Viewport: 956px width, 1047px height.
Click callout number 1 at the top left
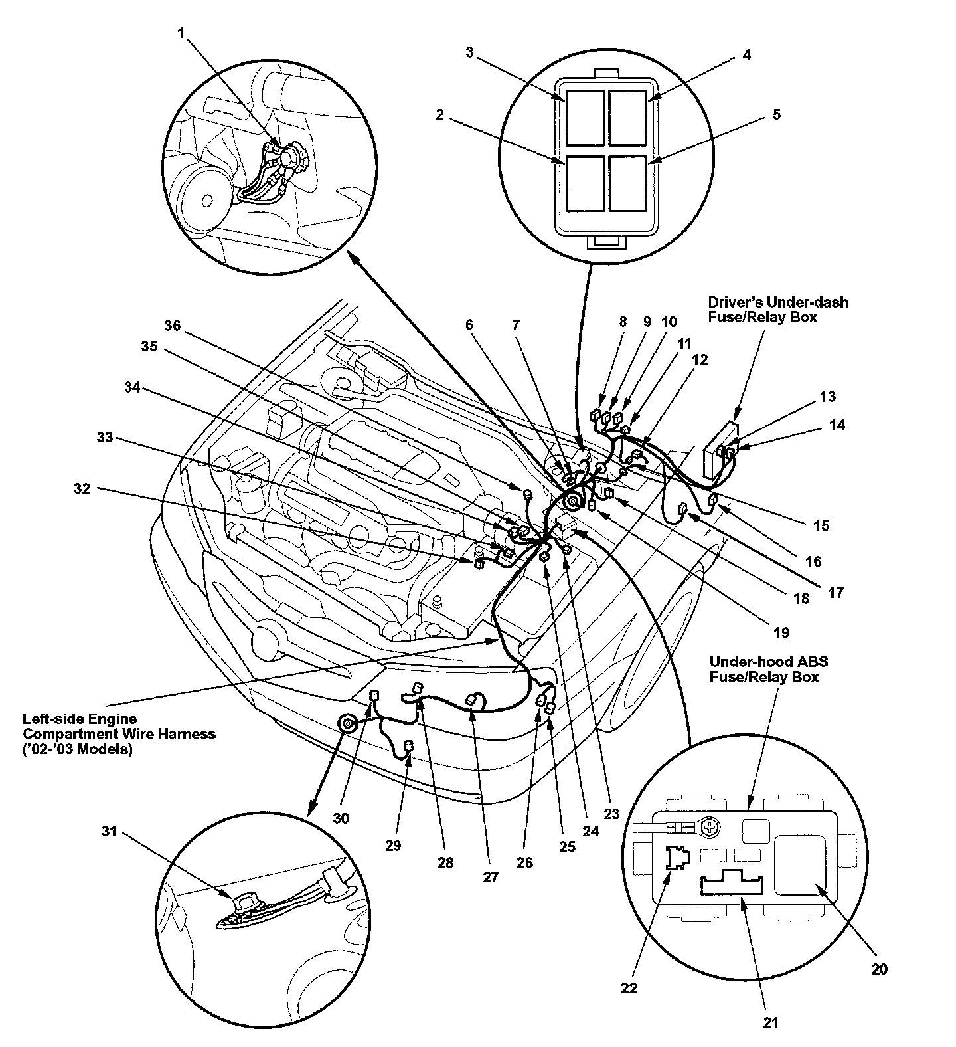click(181, 33)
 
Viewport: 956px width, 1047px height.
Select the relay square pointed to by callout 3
click(585, 118)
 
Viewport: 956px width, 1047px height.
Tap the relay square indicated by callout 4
click(627, 118)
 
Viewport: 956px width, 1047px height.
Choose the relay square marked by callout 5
click(627, 183)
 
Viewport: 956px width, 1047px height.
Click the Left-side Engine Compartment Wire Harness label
click(119, 734)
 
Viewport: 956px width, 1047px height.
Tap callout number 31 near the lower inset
click(110, 831)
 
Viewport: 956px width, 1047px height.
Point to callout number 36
click(173, 326)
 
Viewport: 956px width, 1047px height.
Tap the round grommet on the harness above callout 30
click(347, 723)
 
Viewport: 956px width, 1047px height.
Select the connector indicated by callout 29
click(409, 747)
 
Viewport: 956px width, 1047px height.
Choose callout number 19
click(781, 632)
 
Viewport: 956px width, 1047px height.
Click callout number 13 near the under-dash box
click(827, 397)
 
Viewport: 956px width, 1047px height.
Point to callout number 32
click(82, 488)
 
